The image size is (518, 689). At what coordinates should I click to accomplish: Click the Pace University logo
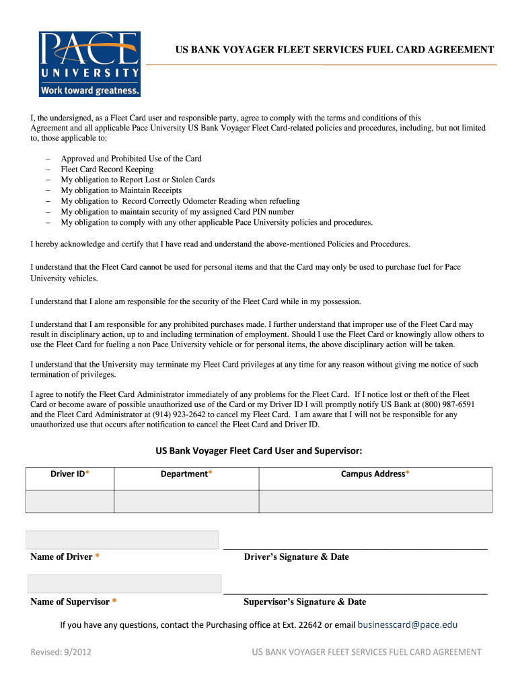pyautogui.click(x=89, y=64)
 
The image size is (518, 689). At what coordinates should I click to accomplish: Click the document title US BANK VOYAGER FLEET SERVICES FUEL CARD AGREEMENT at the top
pyautogui.click(x=335, y=50)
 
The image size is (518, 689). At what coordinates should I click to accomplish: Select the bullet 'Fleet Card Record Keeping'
pyautogui.click(x=107, y=170)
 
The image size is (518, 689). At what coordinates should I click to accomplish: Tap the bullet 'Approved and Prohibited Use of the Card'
pyautogui.click(x=131, y=159)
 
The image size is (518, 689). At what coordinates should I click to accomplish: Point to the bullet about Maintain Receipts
pyautogui.click(x=121, y=190)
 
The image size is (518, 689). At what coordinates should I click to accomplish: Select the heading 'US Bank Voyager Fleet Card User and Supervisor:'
pyautogui.click(x=259, y=450)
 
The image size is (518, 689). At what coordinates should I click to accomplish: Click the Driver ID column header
pyautogui.click(x=70, y=474)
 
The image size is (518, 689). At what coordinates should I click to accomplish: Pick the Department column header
pyautogui.click(x=186, y=474)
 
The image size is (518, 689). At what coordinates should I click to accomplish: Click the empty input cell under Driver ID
pyautogui.click(x=70, y=501)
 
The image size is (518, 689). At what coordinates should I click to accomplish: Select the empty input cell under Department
pyautogui.click(x=186, y=501)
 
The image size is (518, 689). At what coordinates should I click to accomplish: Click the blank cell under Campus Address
pyautogui.click(x=375, y=501)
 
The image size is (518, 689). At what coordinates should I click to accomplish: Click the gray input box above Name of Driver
pyautogui.click(x=122, y=540)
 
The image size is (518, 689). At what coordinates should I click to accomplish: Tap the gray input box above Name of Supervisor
pyautogui.click(x=124, y=583)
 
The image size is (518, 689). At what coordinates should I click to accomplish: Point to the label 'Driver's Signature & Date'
pyautogui.click(x=296, y=557)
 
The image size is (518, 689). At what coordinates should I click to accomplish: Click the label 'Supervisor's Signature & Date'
pyautogui.click(x=305, y=602)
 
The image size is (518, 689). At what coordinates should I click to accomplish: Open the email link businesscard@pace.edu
pyautogui.click(x=408, y=625)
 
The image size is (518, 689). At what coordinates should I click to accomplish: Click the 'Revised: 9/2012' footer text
pyautogui.click(x=61, y=651)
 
